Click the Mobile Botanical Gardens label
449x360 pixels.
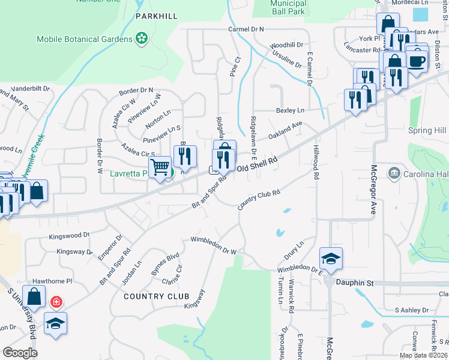[x=84, y=39]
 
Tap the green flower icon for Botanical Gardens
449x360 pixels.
[x=142, y=39]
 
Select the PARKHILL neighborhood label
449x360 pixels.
[x=157, y=16]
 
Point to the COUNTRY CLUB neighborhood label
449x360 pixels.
[x=157, y=296]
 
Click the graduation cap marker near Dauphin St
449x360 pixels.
[x=331, y=259]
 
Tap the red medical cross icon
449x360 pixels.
[x=56, y=301]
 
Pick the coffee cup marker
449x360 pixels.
[x=417, y=60]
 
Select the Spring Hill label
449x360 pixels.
[x=426, y=130]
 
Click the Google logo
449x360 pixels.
[x=20, y=352]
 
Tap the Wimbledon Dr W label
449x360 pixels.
[x=214, y=245]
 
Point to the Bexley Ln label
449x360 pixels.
[x=290, y=110]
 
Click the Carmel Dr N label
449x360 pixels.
[x=246, y=28]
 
